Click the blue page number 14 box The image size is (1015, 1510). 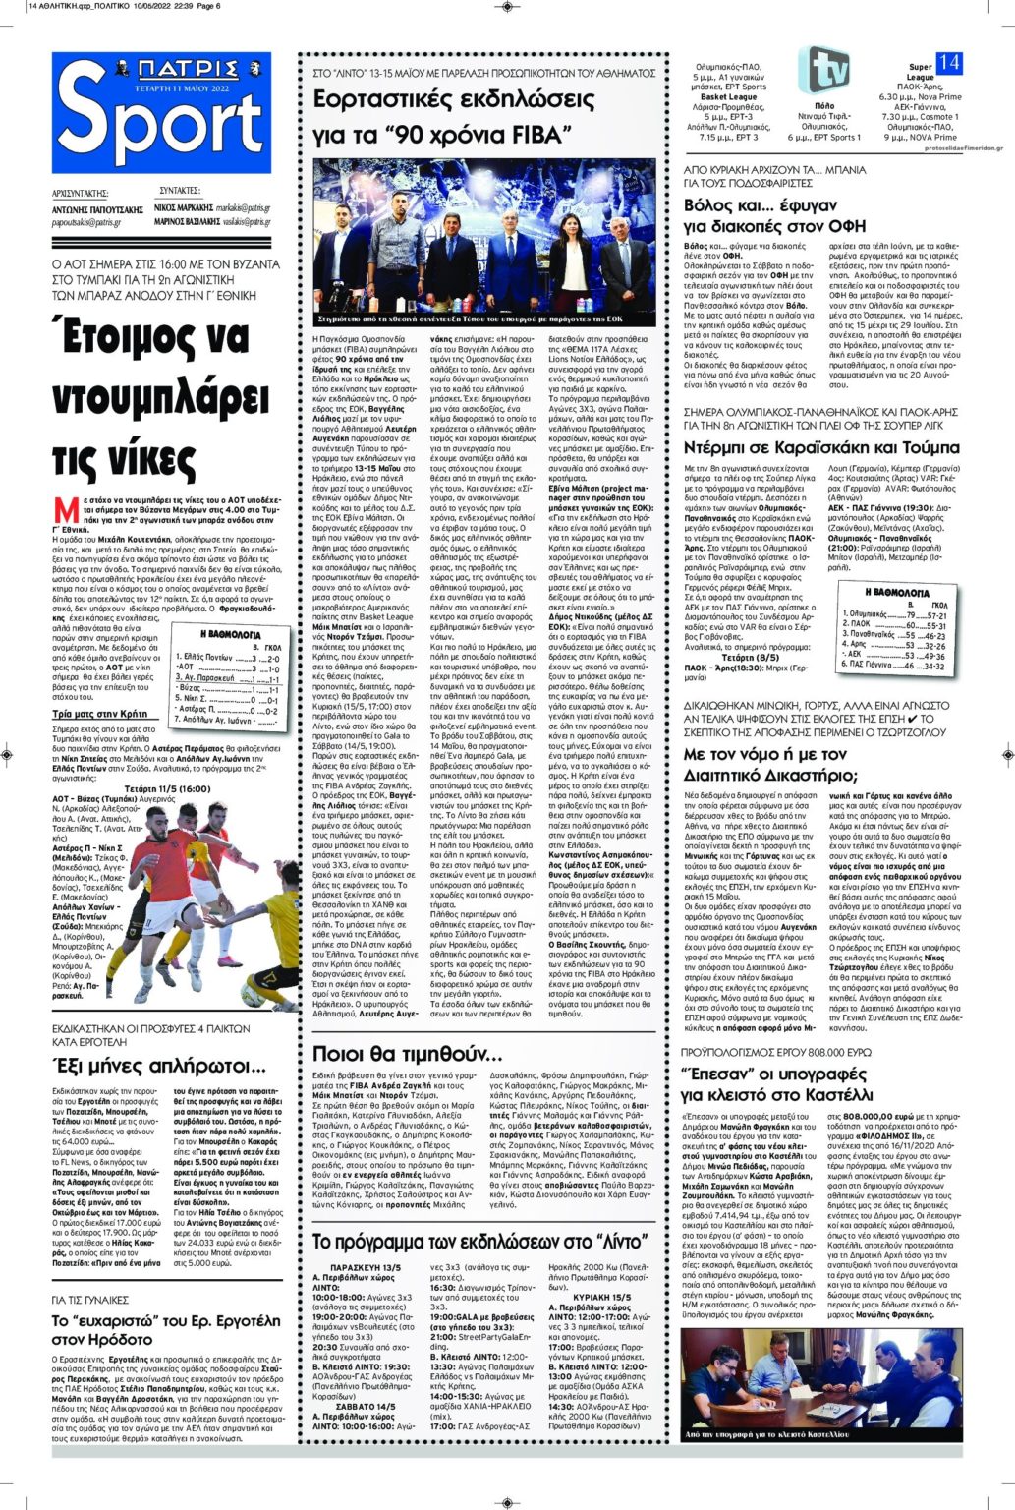pyautogui.click(x=948, y=62)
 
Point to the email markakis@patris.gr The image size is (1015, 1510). pyautogui.click(x=243, y=208)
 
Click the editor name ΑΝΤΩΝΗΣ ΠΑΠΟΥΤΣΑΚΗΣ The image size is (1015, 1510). pyautogui.click(x=97, y=210)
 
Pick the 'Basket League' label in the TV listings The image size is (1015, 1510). pyautogui.click(x=728, y=97)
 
